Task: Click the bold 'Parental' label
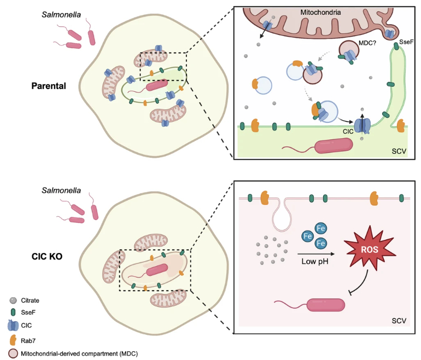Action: (49, 85)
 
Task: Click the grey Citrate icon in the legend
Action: (13, 300)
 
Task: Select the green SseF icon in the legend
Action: (13, 313)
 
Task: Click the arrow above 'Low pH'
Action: (315, 253)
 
